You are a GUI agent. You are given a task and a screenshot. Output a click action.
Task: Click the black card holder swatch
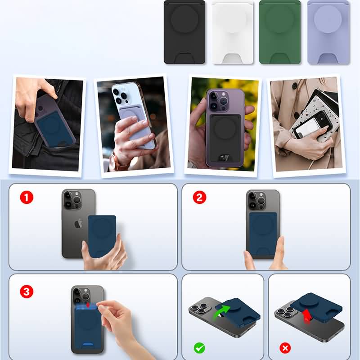[184, 32]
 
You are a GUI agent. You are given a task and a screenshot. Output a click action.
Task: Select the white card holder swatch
[233, 32]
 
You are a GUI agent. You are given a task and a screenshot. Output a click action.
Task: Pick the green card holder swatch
[280, 32]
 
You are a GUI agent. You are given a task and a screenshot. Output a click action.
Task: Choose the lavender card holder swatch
[328, 32]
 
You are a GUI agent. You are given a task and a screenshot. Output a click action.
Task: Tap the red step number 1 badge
[27, 198]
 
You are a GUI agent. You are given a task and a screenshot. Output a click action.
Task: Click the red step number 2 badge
[199, 198]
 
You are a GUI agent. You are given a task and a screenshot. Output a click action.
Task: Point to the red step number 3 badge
[27, 292]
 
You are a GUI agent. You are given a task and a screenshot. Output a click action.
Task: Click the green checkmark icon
[199, 348]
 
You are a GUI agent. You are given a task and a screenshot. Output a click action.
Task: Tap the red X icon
[285, 348]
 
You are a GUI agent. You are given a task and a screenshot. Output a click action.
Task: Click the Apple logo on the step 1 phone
[78, 223]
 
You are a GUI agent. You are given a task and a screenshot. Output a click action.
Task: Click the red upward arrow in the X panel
[306, 316]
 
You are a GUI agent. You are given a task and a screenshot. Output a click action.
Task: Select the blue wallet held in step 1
[102, 236]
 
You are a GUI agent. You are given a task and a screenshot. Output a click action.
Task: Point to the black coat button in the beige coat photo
[295, 86]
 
